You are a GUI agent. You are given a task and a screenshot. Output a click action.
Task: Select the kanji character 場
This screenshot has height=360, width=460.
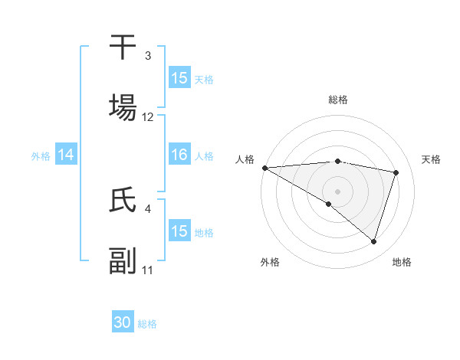[123, 108]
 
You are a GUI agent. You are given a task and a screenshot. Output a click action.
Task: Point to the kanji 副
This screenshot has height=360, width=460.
[123, 261]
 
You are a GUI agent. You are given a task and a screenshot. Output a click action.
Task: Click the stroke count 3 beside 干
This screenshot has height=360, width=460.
[147, 56]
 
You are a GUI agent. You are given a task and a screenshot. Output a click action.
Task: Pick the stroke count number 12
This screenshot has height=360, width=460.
[148, 117]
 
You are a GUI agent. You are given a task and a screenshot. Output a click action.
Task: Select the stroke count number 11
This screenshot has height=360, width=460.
[148, 270]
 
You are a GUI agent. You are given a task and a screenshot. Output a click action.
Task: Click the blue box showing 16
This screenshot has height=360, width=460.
[179, 155]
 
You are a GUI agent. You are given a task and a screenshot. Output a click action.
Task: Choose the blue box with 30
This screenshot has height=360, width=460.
[123, 322]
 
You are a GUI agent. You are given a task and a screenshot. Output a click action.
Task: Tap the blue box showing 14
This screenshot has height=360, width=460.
[66, 155]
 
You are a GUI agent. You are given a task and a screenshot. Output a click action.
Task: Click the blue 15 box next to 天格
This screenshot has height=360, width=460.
[179, 78]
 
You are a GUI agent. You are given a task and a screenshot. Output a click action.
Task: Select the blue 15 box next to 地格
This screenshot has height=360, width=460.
[179, 231]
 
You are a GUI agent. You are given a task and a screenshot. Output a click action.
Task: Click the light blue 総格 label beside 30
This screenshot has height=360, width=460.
[147, 324]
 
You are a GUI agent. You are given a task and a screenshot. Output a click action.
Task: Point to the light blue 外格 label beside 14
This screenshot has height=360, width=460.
[41, 155]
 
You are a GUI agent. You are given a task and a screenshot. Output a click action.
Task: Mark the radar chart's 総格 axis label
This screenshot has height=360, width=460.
[338, 100]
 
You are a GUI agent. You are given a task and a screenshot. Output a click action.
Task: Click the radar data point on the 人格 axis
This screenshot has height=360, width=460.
[264, 168]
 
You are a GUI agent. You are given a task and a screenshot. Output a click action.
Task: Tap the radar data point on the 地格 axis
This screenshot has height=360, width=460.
[374, 241]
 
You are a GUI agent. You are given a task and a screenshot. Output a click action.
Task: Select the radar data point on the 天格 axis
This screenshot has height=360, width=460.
[396, 172]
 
